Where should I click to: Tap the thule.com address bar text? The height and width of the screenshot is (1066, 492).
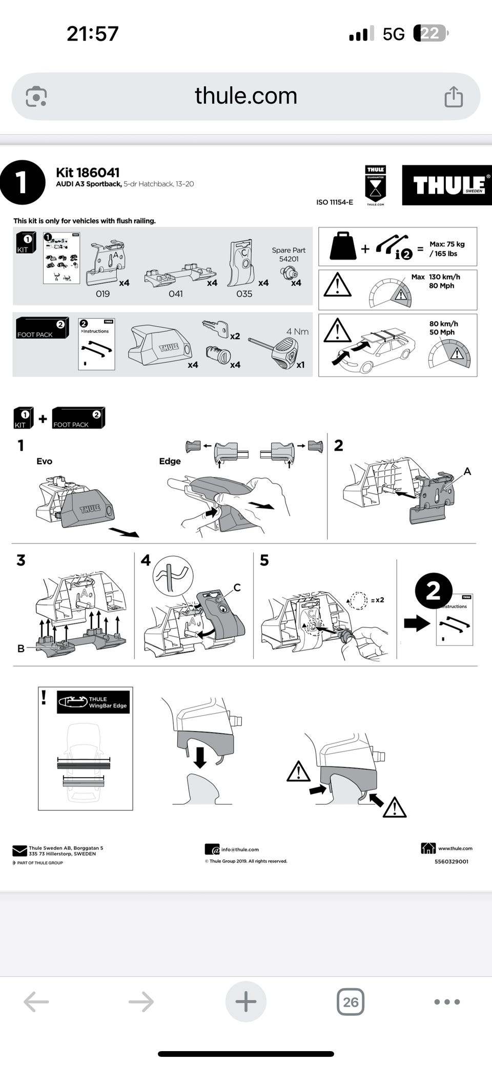[246, 96]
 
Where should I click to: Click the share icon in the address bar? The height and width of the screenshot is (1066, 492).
[454, 96]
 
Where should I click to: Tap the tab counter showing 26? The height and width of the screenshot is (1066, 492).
[351, 1001]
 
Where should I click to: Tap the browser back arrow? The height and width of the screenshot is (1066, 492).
[36, 1001]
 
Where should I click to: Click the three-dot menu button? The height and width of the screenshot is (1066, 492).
[447, 1001]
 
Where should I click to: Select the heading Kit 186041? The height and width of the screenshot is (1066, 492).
[88, 173]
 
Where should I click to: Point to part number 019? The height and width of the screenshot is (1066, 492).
[102, 294]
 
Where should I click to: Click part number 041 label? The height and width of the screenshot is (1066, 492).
[176, 294]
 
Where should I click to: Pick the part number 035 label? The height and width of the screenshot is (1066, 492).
[244, 294]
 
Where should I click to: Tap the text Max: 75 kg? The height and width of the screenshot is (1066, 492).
[447, 244]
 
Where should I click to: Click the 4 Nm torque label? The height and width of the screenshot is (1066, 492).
[297, 331]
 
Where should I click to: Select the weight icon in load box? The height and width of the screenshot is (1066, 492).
[343, 246]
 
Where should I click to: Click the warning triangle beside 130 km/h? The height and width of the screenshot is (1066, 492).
[337, 285]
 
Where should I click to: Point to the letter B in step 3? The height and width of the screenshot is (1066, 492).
[21, 649]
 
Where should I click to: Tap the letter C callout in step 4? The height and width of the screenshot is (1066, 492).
[237, 588]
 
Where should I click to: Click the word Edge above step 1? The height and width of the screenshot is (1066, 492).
[170, 461]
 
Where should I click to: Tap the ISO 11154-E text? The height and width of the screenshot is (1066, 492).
[335, 202]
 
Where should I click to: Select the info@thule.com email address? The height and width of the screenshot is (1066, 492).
[240, 849]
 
